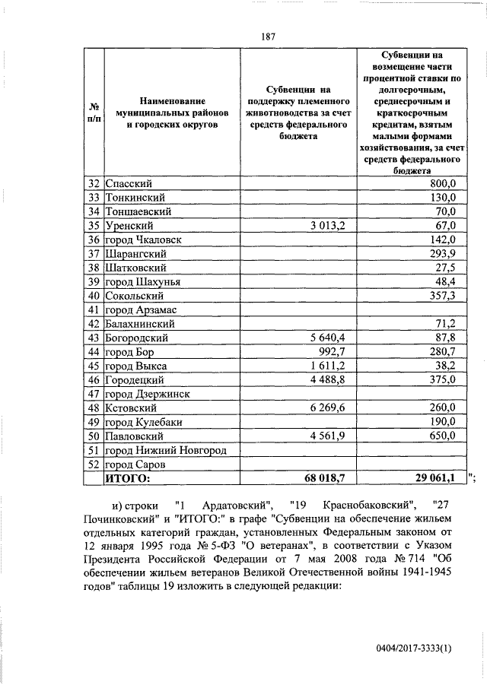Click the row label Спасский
129,183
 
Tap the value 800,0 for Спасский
442,183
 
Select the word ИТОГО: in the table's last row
129,479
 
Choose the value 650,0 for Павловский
442,436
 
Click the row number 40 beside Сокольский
94,296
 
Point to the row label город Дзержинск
148,394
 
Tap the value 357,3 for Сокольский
442,296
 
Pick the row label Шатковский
134,268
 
